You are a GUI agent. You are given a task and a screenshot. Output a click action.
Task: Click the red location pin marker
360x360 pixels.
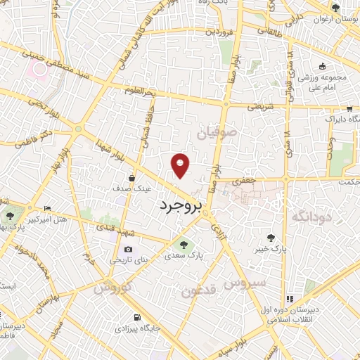[181, 165]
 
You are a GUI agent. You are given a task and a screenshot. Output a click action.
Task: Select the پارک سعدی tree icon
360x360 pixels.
[184, 245]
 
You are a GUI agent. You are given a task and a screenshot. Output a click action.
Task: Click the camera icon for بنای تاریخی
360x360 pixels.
[128, 249]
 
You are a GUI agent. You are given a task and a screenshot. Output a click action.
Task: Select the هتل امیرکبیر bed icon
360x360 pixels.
[48, 208]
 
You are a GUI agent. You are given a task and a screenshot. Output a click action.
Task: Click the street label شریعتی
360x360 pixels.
[258, 107]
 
